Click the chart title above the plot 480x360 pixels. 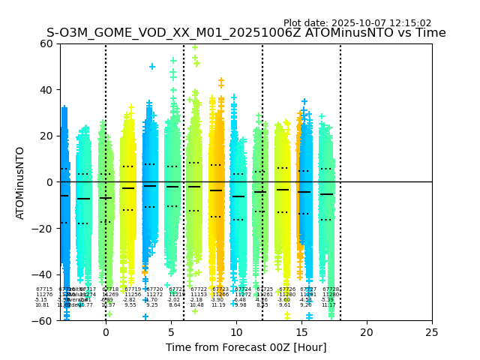click(246, 33)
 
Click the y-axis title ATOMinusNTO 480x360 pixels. click(21, 182)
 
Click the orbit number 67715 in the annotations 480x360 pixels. click(44, 289)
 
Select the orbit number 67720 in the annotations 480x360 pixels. click(154, 289)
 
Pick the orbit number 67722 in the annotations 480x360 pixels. click(199, 289)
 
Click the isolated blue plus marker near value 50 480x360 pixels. click(152, 67)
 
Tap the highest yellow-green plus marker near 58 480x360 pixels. click(195, 47)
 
